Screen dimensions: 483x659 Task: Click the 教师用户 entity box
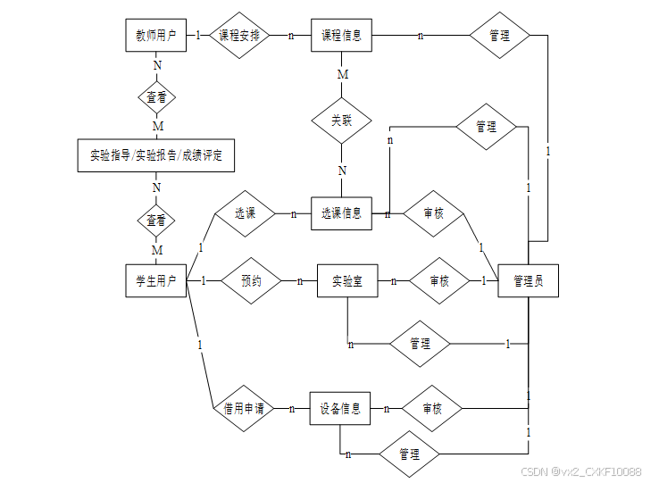pos(155,36)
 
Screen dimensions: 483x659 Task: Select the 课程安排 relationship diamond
pos(239,36)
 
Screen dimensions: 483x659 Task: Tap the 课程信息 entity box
pos(341,36)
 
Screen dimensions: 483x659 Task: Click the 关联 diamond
pos(341,120)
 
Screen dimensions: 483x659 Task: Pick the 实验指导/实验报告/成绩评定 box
pos(155,155)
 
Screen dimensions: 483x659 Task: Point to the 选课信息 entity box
pos(341,213)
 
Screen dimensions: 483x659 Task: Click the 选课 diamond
pos(245,214)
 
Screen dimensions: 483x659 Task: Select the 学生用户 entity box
pos(155,280)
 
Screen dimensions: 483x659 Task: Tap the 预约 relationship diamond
pos(252,280)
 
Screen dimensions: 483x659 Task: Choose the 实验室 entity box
pos(346,280)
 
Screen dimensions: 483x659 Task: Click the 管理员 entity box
pos(528,280)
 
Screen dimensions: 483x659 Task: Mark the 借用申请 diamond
pos(244,409)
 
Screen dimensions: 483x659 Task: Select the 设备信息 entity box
pos(339,409)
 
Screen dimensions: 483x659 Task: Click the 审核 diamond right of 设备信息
pos(431,409)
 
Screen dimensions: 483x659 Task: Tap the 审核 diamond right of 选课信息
pos(432,214)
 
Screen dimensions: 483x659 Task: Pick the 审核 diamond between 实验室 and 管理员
pos(439,280)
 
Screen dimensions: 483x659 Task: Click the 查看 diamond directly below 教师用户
pos(155,96)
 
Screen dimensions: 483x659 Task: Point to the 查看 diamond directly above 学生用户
pos(155,220)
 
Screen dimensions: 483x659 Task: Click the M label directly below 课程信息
pos(342,74)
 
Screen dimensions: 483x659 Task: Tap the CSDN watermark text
pos(580,471)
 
